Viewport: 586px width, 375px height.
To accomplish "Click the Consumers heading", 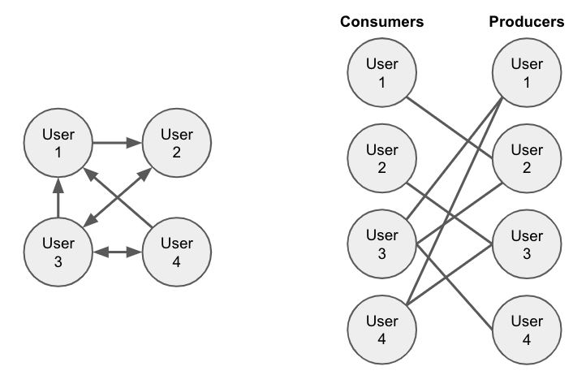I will coord(381,22).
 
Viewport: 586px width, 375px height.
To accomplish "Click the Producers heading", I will coord(526,22).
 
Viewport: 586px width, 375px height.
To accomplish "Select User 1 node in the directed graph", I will coord(58,144).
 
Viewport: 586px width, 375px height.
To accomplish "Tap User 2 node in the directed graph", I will coord(177,144).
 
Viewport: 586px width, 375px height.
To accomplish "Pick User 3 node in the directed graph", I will coord(58,252).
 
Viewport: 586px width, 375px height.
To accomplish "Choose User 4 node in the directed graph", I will coord(177,252).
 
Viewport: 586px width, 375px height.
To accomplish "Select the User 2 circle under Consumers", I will coord(381,158).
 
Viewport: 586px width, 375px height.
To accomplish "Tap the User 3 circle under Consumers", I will coord(381,244).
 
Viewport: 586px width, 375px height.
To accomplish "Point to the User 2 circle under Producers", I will coord(526,158).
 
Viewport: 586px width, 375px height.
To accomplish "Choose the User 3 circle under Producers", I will coord(526,244).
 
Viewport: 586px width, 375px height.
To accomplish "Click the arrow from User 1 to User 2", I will coord(117,144).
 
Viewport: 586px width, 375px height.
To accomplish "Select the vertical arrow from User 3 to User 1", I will coord(58,199).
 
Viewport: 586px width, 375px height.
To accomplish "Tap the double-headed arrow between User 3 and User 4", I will coord(118,252).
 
